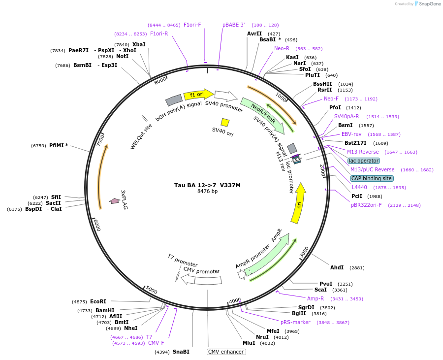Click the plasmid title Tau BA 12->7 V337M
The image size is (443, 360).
click(x=207, y=185)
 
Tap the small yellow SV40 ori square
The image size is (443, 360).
click(x=225, y=122)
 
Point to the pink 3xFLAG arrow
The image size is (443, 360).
click(x=114, y=201)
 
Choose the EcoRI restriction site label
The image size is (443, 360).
click(x=98, y=301)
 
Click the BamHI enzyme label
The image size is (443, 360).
click(x=105, y=310)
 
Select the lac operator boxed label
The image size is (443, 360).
click(x=363, y=161)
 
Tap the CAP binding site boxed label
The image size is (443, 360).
click(x=372, y=178)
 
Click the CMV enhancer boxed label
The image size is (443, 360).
click(x=226, y=352)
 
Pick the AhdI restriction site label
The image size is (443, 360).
click(x=337, y=267)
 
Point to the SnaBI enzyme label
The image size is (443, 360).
click(x=181, y=352)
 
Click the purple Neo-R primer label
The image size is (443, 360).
click(x=282, y=48)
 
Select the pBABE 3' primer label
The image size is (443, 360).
click(x=233, y=25)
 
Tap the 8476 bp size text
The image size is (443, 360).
click(x=207, y=191)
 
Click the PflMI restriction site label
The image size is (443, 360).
click(x=59, y=145)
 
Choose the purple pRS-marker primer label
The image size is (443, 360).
click(x=295, y=322)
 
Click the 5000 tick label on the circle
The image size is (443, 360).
click(x=152, y=291)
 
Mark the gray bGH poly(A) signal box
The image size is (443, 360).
click(x=174, y=100)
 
